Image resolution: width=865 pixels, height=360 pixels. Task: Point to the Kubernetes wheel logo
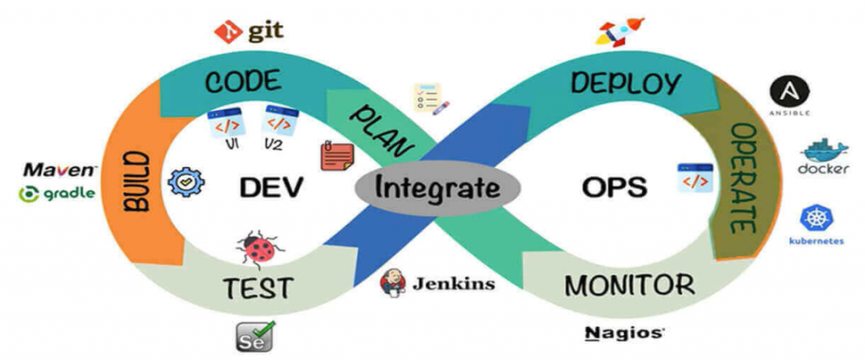[x=816, y=218]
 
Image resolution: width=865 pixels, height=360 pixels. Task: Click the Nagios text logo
[x=624, y=332]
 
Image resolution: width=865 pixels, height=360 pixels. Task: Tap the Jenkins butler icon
[x=393, y=283]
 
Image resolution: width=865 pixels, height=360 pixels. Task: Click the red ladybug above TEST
[x=257, y=246]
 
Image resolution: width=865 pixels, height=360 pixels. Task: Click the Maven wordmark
[x=60, y=169]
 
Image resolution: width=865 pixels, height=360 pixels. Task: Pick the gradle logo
[x=57, y=194]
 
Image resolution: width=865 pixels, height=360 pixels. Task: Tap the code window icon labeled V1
[x=228, y=123]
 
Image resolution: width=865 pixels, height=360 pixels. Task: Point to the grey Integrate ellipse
[x=438, y=186]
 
